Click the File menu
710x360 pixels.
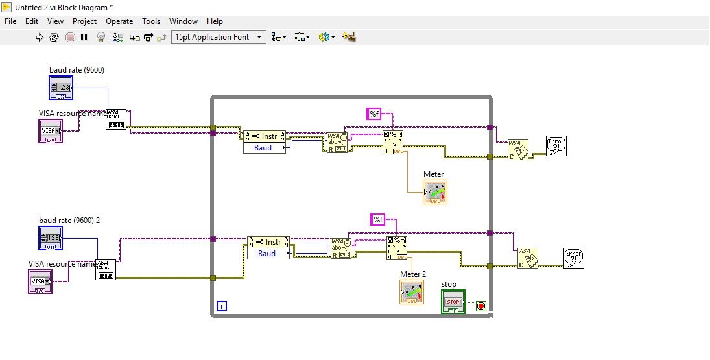[x=10, y=21]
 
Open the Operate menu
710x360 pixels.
[x=119, y=21]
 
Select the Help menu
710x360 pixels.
[x=215, y=21]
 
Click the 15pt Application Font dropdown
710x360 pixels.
[x=219, y=37]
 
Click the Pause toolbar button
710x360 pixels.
[x=84, y=37]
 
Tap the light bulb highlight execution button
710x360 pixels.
[x=101, y=37]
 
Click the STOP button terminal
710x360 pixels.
[x=453, y=302]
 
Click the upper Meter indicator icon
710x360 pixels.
[x=435, y=192]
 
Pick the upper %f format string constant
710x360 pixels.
[x=374, y=114]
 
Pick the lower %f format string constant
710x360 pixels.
[x=377, y=219]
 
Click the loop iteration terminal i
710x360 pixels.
[x=221, y=306]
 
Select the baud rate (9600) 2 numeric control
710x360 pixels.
[x=51, y=238]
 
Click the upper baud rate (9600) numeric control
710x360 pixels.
[x=62, y=87]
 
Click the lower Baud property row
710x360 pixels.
[x=268, y=254]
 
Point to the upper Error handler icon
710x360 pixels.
[x=556, y=146]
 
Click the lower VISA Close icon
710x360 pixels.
[x=528, y=258]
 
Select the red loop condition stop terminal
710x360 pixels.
[x=481, y=306]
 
